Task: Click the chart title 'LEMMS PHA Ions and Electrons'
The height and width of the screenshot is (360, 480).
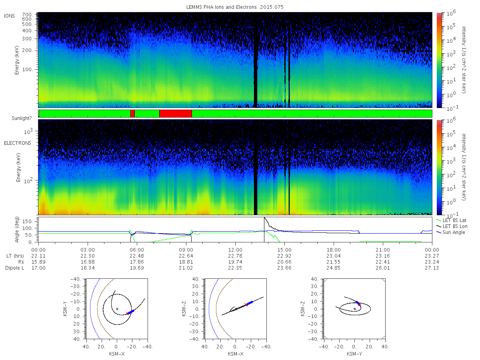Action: [x=221, y=7]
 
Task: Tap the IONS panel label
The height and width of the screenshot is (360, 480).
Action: [x=9, y=16]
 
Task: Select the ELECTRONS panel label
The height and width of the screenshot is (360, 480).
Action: [x=18, y=143]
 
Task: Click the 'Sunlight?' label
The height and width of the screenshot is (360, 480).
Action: [x=22, y=118]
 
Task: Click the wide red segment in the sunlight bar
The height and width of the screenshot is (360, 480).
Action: [x=176, y=114]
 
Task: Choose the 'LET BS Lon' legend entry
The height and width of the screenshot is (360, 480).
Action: [x=455, y=226]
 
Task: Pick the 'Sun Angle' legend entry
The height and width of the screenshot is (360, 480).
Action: [x=454, y=232]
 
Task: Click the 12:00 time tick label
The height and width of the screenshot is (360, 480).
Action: [x=235, y=250]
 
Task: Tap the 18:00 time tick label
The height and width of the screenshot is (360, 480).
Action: [x=334, y=250]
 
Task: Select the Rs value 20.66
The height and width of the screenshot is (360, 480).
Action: [x=284, y=262]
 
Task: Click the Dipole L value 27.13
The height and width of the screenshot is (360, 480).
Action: [x=432, y=268]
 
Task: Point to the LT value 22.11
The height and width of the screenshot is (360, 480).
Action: [x=38, y=256]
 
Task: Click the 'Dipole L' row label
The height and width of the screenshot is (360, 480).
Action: [x=15, y=268]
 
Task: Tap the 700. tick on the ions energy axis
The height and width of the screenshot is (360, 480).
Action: [x=28, y=14]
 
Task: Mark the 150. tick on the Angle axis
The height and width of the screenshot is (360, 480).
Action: [x=28, y=222]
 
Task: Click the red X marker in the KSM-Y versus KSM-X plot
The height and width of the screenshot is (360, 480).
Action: [x=127, y=313]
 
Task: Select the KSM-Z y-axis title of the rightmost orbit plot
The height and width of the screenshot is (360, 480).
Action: [x=303, y=309]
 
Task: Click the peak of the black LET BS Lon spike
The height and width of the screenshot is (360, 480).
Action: [x=264, y=218]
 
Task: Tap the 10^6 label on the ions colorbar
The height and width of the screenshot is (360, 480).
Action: [x=451, y=13]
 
